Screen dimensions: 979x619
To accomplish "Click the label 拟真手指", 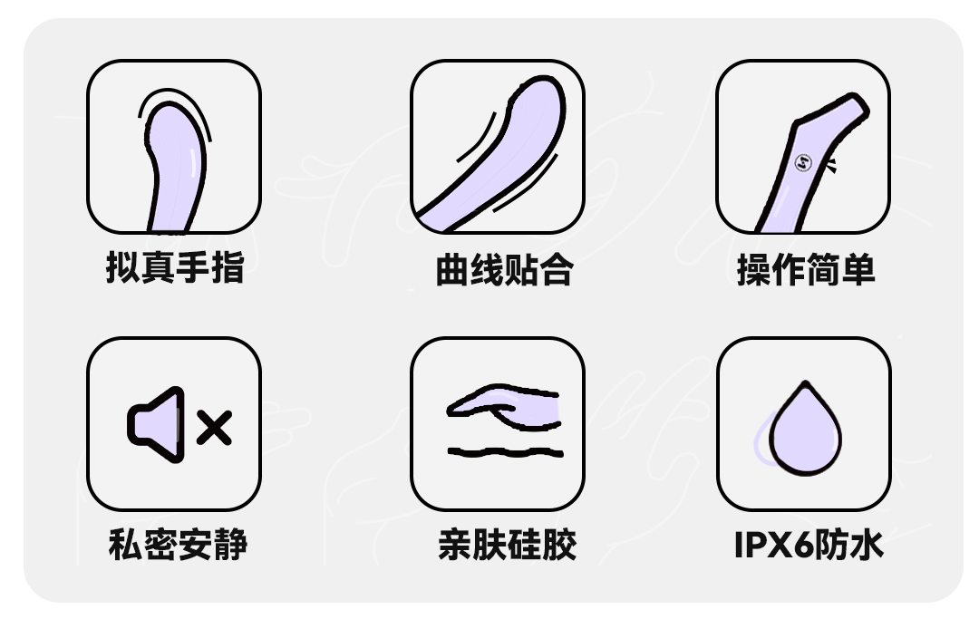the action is click(174, 269).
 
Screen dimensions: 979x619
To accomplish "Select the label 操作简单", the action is click(805, 270).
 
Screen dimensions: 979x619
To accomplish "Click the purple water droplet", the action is click(804, 433).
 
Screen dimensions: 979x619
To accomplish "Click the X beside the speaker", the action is click(214, 427).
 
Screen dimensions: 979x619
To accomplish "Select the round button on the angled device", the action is click(802, 163).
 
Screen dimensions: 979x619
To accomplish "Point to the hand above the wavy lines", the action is click(504, 405).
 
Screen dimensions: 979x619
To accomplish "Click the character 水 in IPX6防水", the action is click(865, 545).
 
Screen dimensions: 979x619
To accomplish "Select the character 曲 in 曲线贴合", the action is click(451, 270).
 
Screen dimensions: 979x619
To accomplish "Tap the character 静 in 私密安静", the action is click(230, 545).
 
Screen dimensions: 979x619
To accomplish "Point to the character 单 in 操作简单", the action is click(857, 270).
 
